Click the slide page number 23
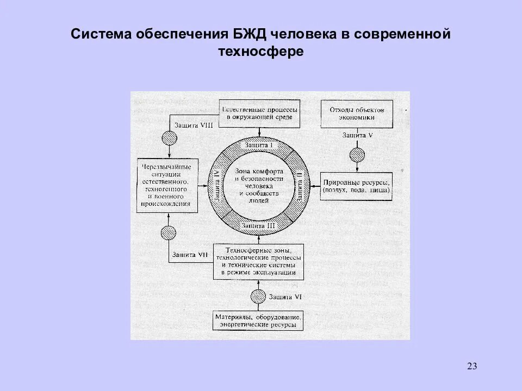click(x=471, y=366)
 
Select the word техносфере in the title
click(x=261, y=52)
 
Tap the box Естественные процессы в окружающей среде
click(x=259, y=112)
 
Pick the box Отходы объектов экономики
click(x=357, y=112)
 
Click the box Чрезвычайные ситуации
click(x=166, y=185)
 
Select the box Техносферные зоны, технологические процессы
click(x=259, y=261)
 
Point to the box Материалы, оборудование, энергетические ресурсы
click(x=258, y=321)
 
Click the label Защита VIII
click(x=193, y=125)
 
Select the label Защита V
click(x=357, y=135)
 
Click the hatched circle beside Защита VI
click(x=259, y=297)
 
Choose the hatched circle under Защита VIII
click(x=168, y=138)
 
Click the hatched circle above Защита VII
click(x=168, y=233)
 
